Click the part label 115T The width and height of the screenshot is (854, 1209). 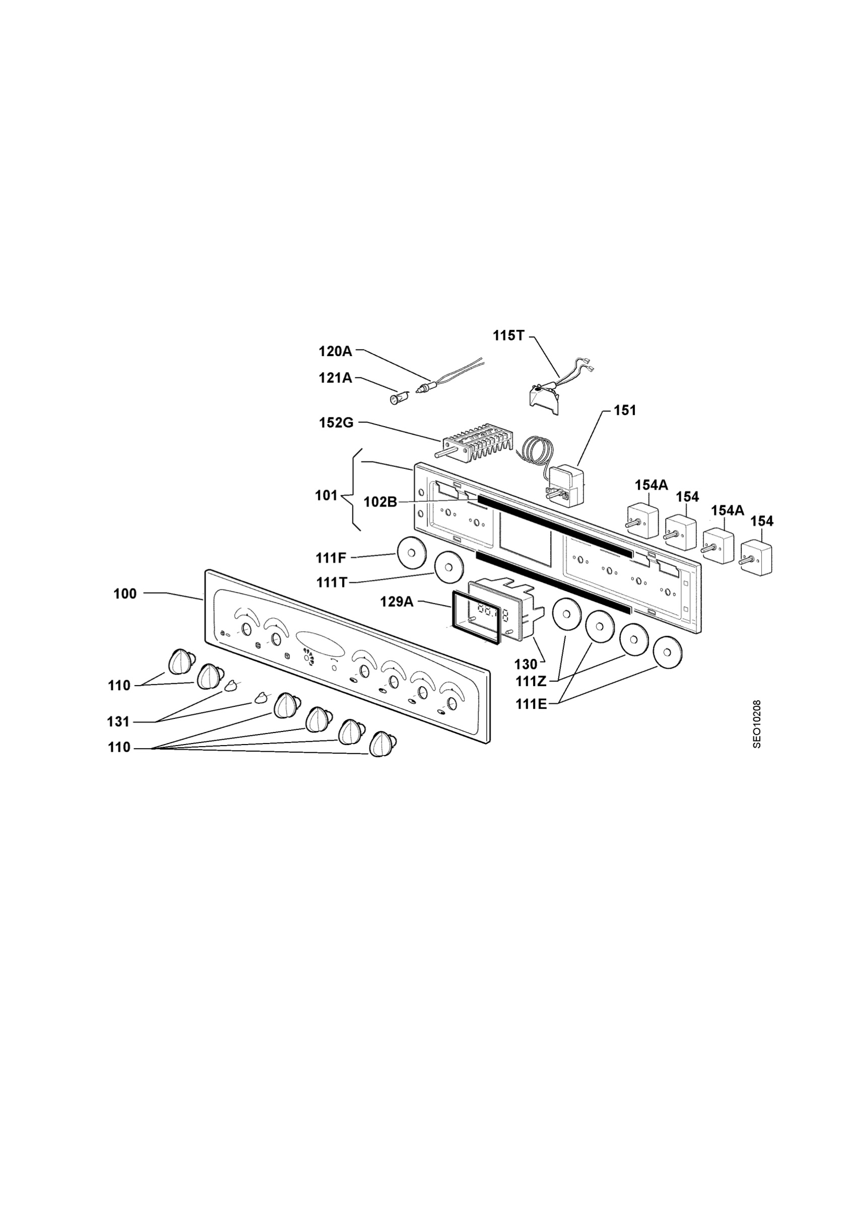(508, 335)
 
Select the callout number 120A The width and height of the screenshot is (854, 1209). (336, 351)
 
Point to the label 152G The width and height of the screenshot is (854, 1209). (336, 423)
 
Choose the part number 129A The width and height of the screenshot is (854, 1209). (397, 601)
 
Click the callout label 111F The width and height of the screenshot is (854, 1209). (331, 558)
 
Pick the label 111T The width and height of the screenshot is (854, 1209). (332, 582)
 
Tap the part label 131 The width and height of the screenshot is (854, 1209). (118, 721)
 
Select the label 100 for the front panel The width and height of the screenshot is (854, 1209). (125, 594)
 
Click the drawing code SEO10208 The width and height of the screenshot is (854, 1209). (757, 723)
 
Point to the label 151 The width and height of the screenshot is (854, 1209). (625, 410)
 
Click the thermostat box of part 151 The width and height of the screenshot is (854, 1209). (566, 485)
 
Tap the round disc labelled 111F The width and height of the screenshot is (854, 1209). (412, 553)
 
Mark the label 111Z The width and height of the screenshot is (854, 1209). (531, 682)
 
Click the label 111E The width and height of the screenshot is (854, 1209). (531, 704)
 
